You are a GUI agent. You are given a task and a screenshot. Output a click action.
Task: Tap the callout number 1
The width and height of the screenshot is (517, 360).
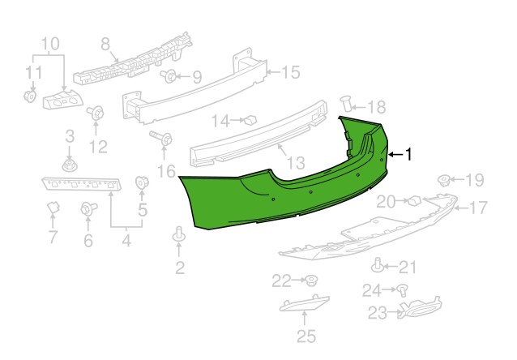[408, 154]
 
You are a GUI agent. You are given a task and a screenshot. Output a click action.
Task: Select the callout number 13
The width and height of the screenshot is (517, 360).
[296, 163]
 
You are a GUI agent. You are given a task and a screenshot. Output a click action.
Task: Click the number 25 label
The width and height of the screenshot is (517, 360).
[306, 336]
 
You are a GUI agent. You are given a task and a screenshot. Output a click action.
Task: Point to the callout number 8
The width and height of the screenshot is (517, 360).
[105, 44]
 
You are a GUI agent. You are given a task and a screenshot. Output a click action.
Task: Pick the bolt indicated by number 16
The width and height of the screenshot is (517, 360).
[162, 138]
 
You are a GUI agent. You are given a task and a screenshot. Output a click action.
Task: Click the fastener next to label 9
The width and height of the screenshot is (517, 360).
[169, 76]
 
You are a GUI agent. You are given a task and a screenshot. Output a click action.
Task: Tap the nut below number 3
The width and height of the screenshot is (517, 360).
[69, 165]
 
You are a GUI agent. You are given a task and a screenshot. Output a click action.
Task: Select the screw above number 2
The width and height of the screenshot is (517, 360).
[179, 234]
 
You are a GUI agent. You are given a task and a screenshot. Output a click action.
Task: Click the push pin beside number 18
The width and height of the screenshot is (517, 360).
[346, 104]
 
